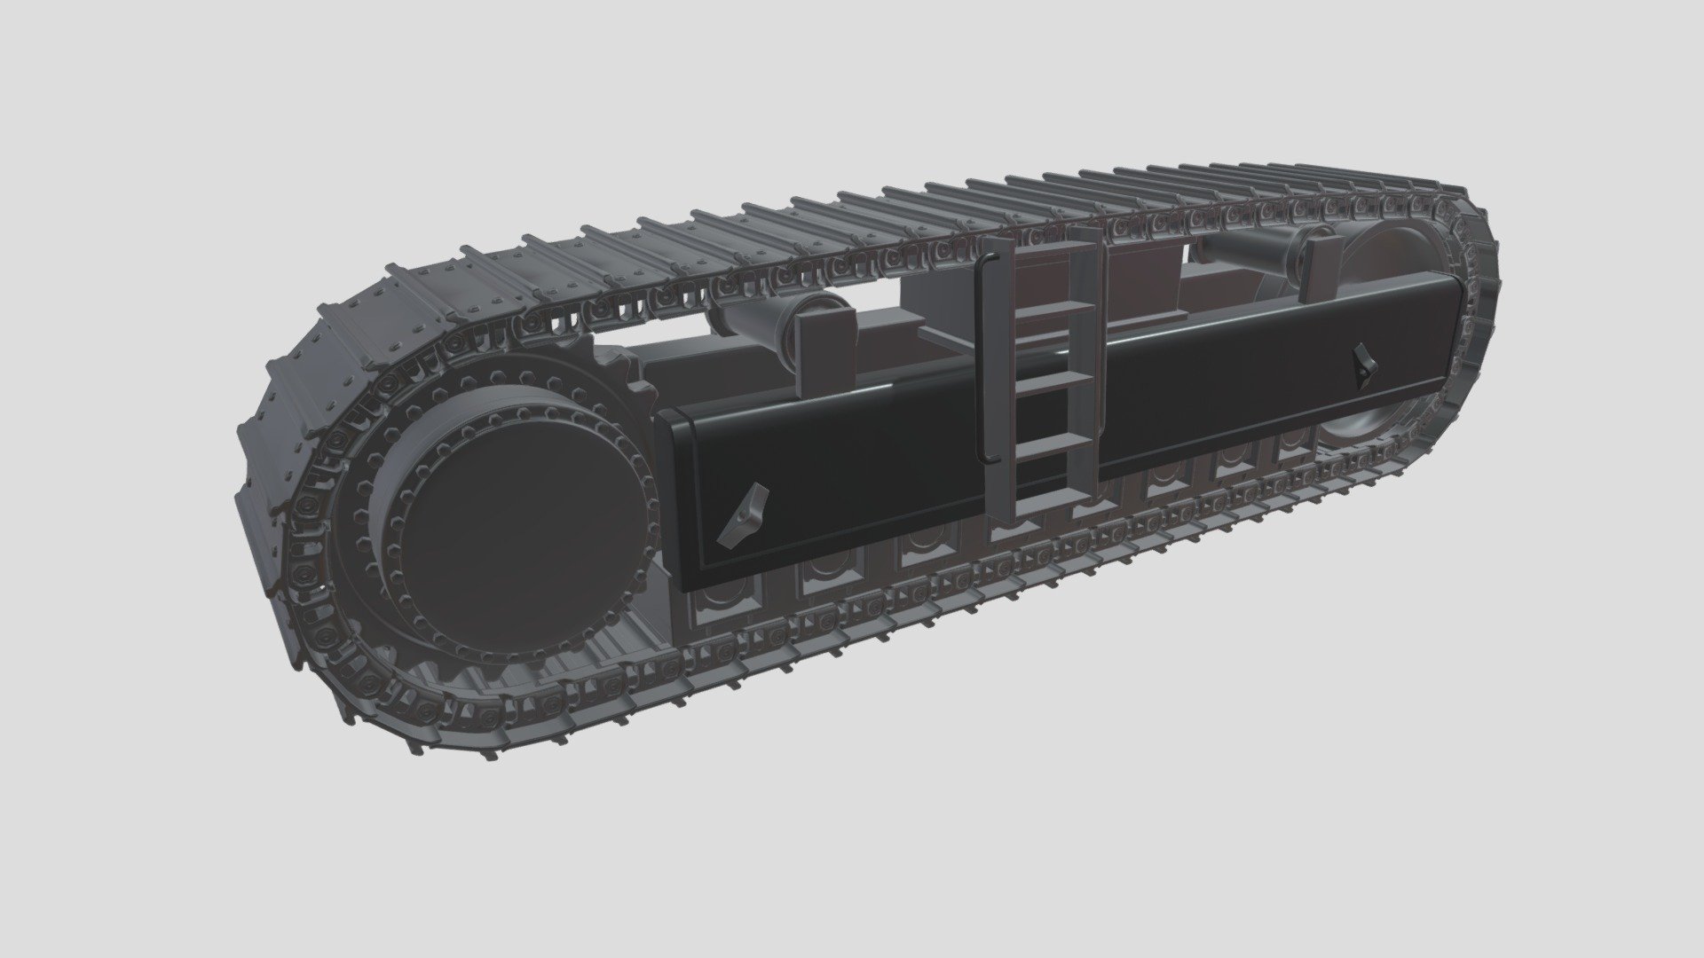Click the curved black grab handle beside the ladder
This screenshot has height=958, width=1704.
pyautogui.click(x=982, y=355)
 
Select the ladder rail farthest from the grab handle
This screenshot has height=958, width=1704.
pyautogui.click(x=1086, y=355)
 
